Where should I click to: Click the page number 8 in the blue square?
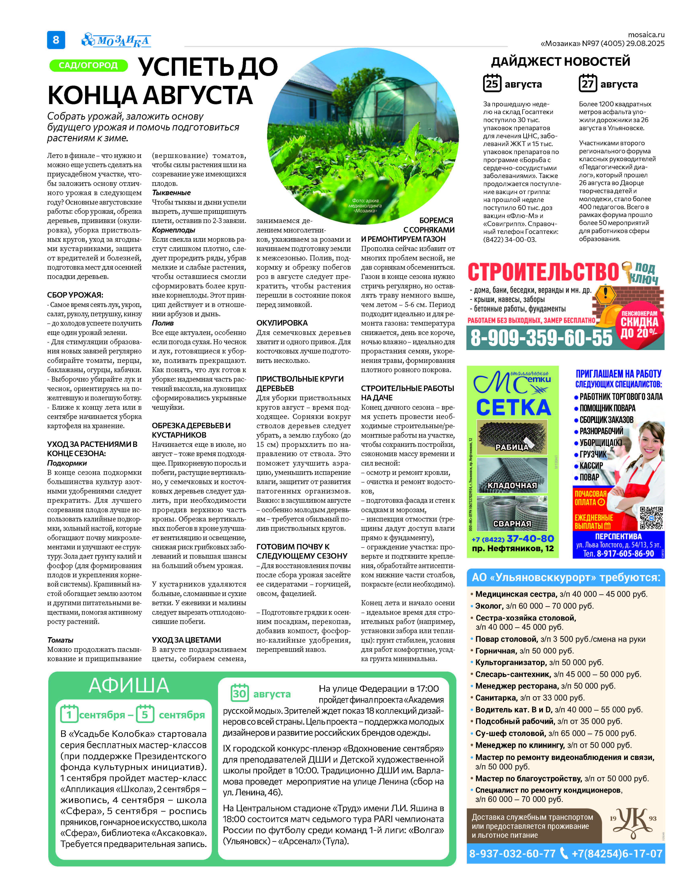[x=56, y=40]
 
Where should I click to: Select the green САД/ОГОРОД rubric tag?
[x=88, y=65]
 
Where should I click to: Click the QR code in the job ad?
[x=651, y=518]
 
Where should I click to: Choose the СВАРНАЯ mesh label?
[x=512, y=523]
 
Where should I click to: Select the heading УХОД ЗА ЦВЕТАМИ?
[x=186, y=640]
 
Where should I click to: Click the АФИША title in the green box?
[x=129, y=685]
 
